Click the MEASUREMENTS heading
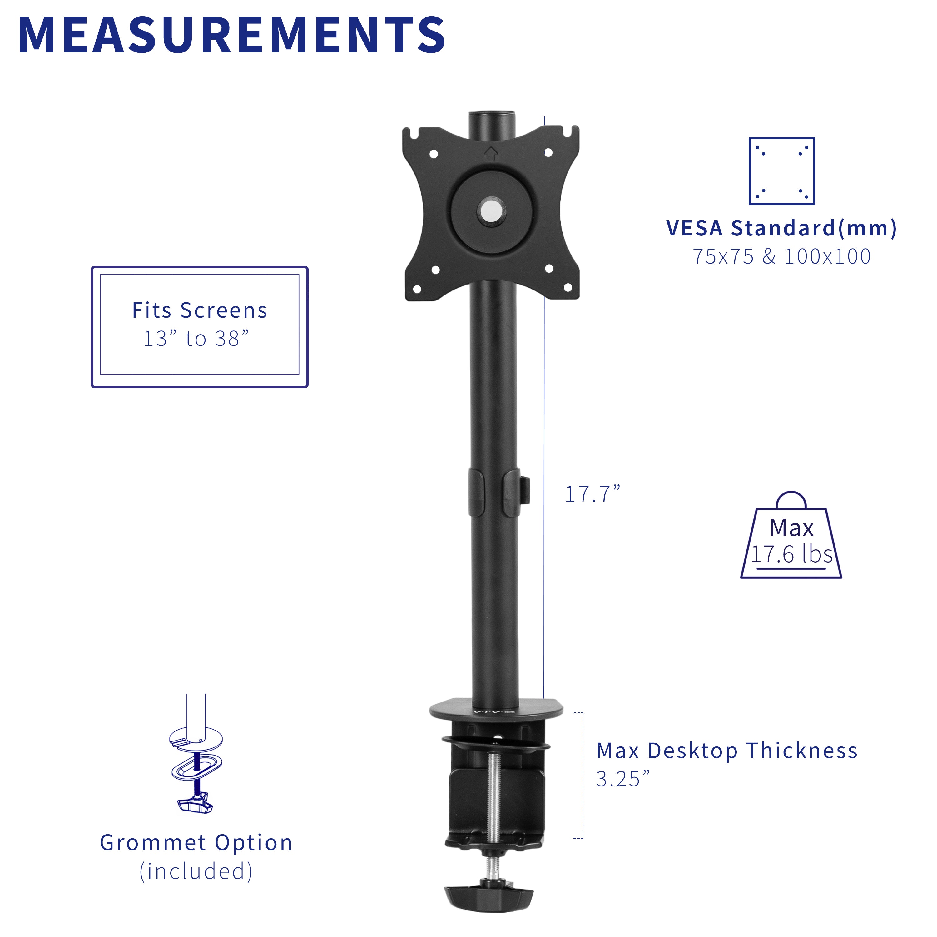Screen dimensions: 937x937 [x=231, y=35]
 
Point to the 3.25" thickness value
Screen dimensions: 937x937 [x=622, y=779]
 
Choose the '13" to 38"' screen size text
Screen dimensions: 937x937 [x=196, y=339]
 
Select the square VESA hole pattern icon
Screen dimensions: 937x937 [x=781, y=171]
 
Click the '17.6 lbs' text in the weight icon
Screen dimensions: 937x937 [x=791, y=554]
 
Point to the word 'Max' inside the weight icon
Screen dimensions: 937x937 [x=791, y=528]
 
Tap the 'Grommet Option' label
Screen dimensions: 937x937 [x=196, y=843]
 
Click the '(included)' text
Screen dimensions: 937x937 [x=196, y=871]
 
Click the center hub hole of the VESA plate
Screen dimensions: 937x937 [x=491, y=210]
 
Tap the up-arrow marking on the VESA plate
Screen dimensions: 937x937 [x=491, y=154]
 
